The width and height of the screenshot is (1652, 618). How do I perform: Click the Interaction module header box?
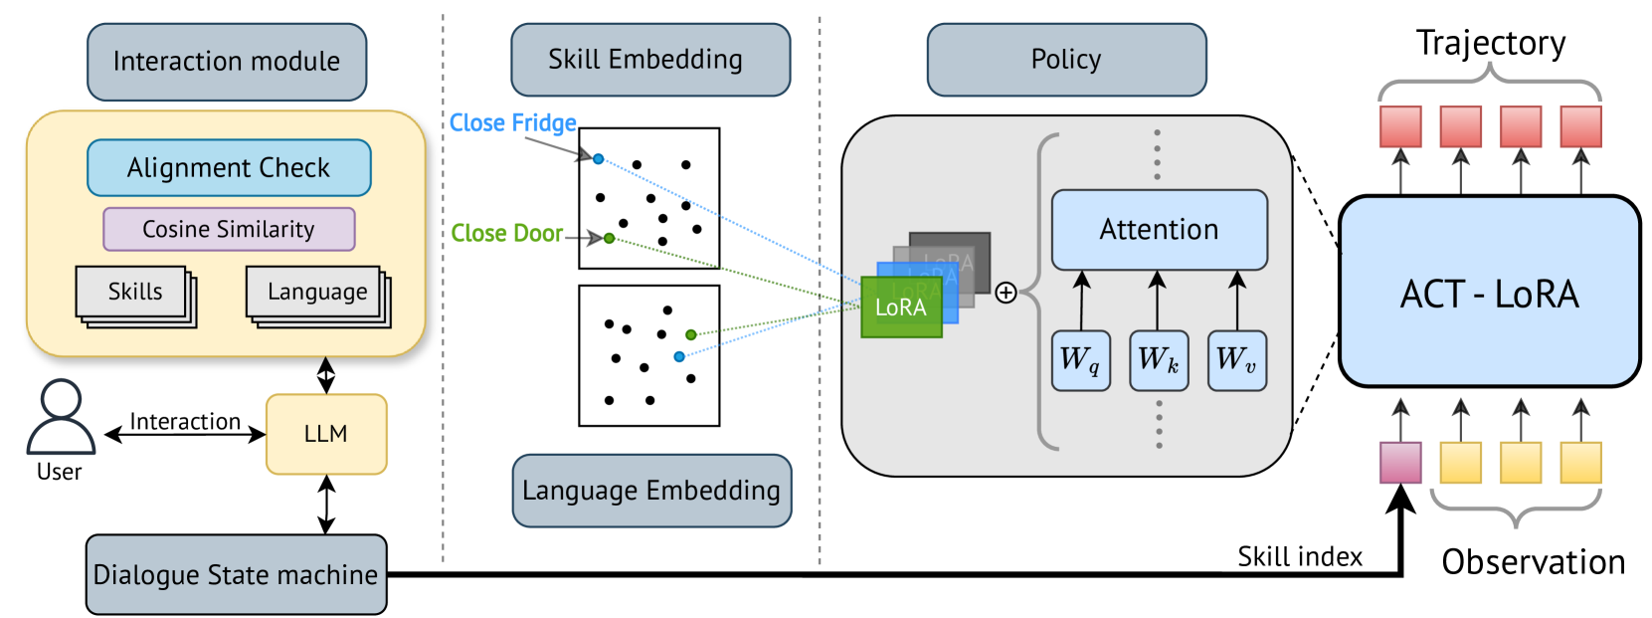227,62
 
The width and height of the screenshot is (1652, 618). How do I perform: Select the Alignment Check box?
229,168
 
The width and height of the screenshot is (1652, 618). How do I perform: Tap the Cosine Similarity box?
229,229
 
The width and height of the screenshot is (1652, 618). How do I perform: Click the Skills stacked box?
134,293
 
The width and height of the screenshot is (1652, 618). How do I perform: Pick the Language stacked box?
316,293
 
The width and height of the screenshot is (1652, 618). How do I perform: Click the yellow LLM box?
326,434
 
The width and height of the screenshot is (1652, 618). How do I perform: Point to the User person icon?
61,417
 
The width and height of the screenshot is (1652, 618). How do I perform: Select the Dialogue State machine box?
236,574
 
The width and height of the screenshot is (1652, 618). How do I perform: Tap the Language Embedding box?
651,491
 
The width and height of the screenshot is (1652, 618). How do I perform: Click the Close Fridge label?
512,123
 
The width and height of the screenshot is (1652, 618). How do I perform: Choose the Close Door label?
506,234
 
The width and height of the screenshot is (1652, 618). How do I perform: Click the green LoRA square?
901,308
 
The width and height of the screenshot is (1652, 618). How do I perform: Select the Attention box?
1159,230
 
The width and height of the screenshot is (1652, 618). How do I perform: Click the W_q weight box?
1080,360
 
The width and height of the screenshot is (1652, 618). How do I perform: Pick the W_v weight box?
1236,360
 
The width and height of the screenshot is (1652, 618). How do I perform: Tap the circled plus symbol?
1006,293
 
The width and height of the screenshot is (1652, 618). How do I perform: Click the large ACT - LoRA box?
1489,292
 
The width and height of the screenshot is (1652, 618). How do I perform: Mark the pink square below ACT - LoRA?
1400,463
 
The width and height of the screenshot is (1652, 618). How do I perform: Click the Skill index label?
1299,557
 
